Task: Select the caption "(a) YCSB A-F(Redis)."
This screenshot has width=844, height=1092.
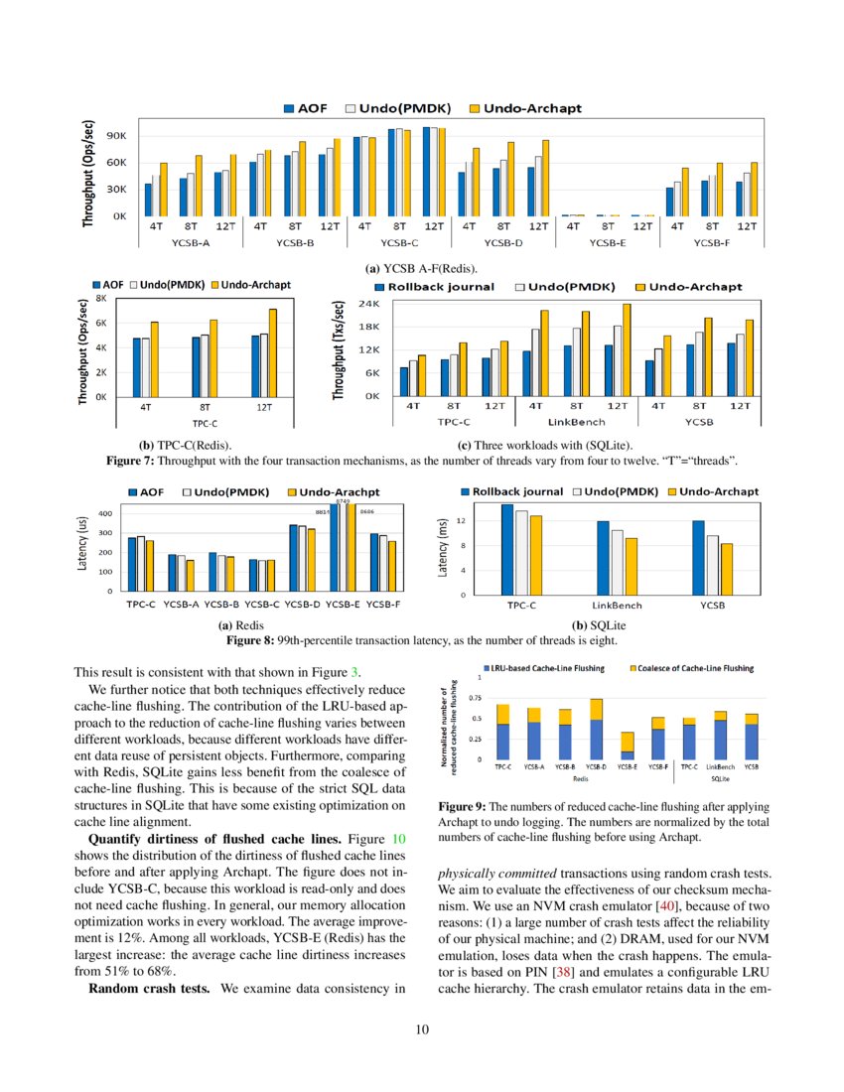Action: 422,268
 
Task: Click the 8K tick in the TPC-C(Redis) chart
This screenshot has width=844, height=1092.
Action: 100,298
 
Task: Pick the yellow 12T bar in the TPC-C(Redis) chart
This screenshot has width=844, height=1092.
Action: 272,353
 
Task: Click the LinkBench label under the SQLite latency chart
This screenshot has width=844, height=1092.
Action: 617,605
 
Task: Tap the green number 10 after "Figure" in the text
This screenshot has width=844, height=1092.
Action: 398,839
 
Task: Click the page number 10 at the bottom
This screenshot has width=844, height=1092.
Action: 422,1028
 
